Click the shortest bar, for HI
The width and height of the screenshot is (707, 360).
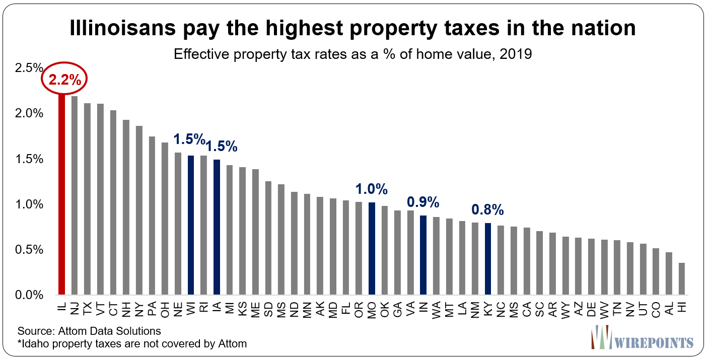coord(681,278)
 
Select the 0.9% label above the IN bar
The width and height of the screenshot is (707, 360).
coord(423,203)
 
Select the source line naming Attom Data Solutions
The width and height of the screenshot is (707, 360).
coord(89,331)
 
